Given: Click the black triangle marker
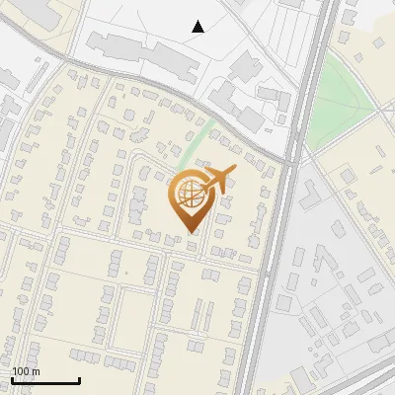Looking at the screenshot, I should click(x=198, y=27).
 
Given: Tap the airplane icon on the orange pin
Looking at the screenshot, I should click(x=214, y=181).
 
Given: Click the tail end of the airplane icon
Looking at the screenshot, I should click(x=197, y=185).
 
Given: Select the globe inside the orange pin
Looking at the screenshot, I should click(x=189, y=196).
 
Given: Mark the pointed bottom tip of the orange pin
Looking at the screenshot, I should click(x=189, y=232).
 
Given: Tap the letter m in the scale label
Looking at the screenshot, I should click(x=36, y=371).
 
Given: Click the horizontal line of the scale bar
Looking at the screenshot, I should click(x=45, y=380).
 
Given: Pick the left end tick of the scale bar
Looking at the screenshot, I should click(x=13, y=378).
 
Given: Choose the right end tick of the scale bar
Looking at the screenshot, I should click(x=79, y=378).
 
